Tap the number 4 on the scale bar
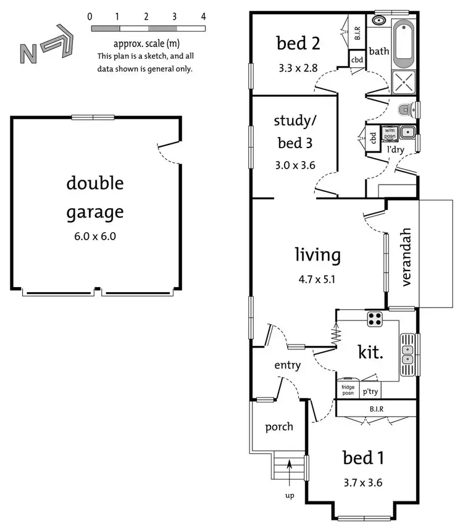203,16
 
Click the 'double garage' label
95,198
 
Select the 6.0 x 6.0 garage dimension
95,236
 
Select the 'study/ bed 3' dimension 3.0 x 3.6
294,165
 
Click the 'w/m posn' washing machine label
390,133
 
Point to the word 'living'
317,254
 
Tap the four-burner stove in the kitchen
374,319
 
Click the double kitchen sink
407,354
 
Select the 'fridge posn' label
348,390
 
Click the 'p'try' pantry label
371,391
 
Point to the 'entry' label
288,365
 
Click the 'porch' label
279,427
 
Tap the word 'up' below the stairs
289,495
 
